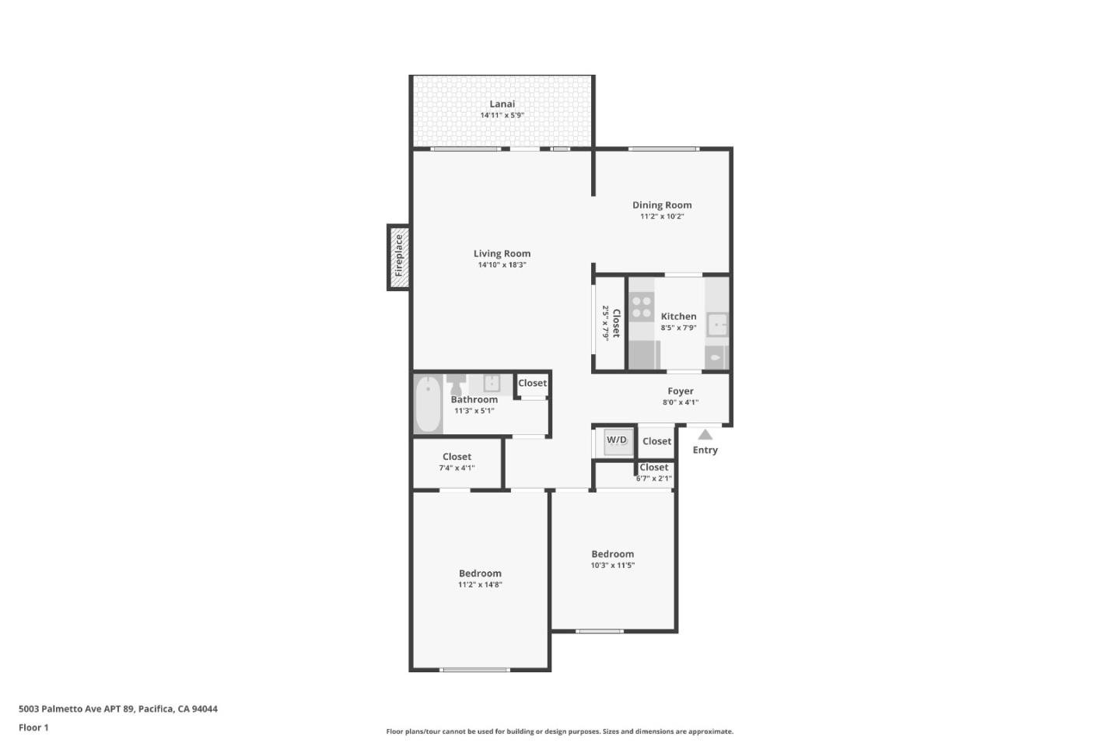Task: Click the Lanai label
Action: tap(502, 103)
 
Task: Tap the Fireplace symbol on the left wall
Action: tap(398, 257)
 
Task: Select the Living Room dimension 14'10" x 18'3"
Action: tap(502, 265)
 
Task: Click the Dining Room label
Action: tap(661, 205)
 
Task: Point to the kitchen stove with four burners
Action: tap(642, 306)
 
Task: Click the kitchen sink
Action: tap(717, 324)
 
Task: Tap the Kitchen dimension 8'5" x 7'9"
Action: tap(678, 328)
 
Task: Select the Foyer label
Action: tap(680, 391)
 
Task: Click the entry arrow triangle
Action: tap(705, 435)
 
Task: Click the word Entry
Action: tap(705, 451)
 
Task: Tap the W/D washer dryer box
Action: tap(617, 441)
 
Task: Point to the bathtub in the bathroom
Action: tap(428, 403)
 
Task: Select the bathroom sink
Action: tap(492, 383)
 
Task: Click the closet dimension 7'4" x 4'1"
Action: tap(457, 468)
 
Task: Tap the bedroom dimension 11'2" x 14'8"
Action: tap(480, 585)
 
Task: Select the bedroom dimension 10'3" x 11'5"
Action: tap(612, 566)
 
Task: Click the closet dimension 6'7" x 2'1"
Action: tap(653, 479)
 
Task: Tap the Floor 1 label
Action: tap(33, 728)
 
